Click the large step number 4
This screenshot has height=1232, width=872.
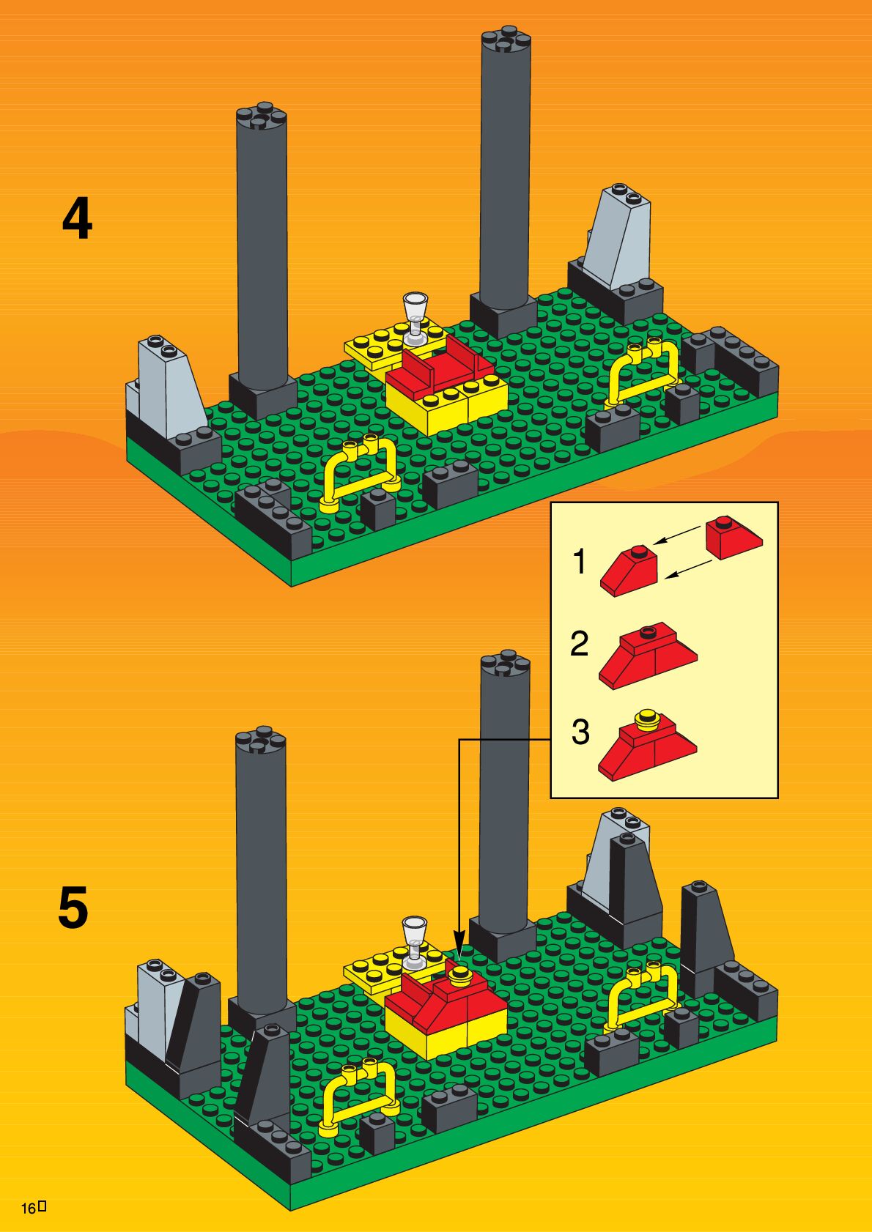[77, 220]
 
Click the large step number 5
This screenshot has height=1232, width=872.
[74, 907]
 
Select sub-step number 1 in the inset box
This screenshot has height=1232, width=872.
[580, 562]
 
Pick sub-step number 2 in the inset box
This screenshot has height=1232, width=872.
[580, 644]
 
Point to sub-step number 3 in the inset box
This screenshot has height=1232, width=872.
[580, 732]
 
